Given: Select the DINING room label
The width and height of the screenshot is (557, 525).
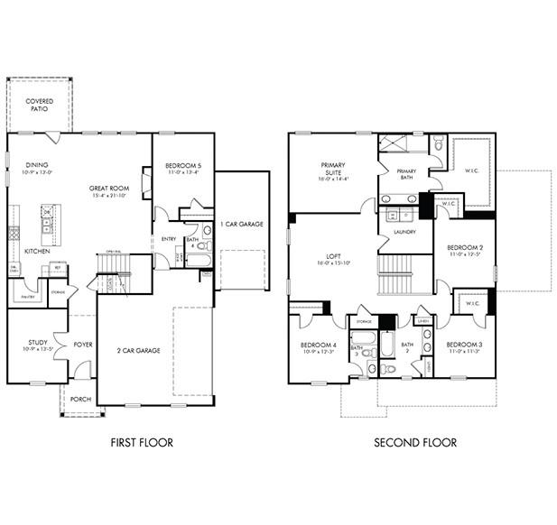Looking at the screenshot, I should coord(37,165).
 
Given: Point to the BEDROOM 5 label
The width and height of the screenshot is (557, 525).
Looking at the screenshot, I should coord(183,166).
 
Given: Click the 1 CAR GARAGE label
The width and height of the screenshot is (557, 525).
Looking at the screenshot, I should coord(241,224).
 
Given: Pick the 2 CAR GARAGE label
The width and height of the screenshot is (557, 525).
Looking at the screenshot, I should coord(138,350).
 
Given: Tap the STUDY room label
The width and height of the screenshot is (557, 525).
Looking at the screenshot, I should coord(37,343).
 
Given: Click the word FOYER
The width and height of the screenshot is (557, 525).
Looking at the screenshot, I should coord(83,344).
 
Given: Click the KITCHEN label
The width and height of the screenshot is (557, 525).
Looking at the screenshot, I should coord(37,251).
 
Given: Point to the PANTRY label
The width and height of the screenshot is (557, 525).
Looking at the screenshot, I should coord(27,295).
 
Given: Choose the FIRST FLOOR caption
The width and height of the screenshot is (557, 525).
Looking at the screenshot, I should coord(142,442).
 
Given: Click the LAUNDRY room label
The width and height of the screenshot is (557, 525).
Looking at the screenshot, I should coord(404,232).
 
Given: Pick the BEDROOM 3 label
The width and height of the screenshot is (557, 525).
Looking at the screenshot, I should coord(464,344).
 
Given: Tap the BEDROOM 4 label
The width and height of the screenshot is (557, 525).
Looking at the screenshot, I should coord(319,345).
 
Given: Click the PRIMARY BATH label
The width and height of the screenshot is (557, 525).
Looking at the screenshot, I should coord(406,173).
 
